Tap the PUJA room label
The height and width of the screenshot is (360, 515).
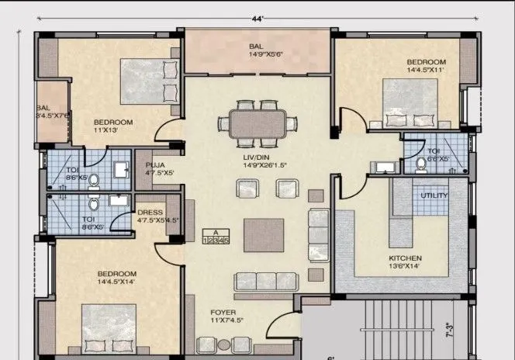[147, 165]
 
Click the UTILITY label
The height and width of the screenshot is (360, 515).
[434, 196]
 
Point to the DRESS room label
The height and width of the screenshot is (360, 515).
[149, 212]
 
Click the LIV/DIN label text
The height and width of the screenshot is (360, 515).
[257, 156]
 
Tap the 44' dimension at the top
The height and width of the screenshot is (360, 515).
[257, 16]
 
